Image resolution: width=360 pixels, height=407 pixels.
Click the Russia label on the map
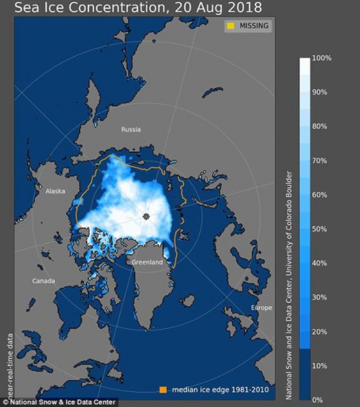click(131, 130)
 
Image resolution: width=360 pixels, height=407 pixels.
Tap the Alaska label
click(56, 192)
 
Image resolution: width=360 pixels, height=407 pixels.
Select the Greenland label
click(147, 262)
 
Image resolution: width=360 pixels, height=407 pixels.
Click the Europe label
click(262, 307)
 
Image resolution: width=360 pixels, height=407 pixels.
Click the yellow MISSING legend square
click(230, 26)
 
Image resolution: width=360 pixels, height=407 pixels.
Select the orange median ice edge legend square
click(162, 390)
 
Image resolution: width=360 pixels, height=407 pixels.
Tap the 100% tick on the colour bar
click(323, 58)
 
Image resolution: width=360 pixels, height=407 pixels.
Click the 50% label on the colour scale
click(321, 229)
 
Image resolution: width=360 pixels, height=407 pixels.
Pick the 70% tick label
click(321, 160)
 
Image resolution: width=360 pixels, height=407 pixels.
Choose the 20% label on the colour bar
click(321, 331)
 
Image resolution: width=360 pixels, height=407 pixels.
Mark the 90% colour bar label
click(321, 92)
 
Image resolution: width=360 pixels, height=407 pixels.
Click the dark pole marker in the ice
click(147, 216)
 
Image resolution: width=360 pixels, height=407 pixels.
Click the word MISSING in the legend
click(254, 26)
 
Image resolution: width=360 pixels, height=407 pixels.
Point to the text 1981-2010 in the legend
click(250, 390)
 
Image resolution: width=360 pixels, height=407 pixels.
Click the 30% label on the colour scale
click(321, 297)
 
